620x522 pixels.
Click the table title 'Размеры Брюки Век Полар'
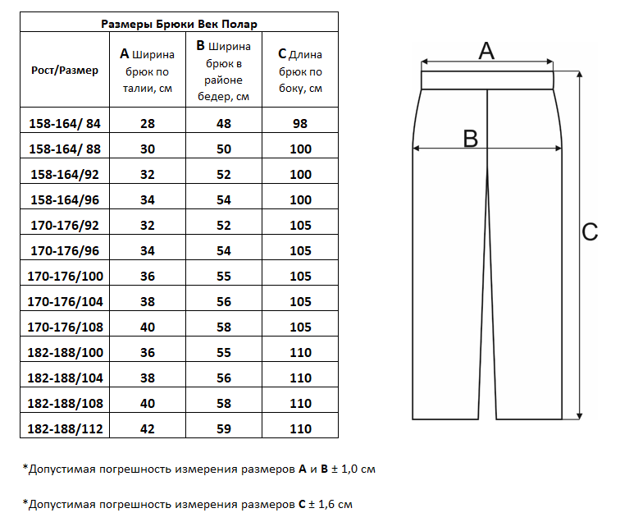[x=179, y=23]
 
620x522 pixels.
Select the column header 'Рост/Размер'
[x=65, y=71]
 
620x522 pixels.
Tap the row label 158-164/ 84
[x=65, y=124]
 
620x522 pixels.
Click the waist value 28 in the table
[x=147, y=124]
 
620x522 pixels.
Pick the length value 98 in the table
[x=300, y=124]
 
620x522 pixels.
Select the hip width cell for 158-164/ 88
[x=223, y=149]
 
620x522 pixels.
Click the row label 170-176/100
[x=65, y=277]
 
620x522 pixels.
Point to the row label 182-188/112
[x=65, y=429]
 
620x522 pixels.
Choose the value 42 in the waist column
[x=147, y=429]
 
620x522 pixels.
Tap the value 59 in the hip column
[x=223, y=429]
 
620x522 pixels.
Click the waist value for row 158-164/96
[x=147, y=200]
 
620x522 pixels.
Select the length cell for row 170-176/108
[x=300, y=327]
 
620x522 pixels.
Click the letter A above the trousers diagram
[x=486, y=51]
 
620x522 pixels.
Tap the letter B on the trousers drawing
[x=470, y=138]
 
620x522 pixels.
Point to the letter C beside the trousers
[x=590, y=232]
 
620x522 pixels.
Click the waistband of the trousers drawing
[x=488, y=80]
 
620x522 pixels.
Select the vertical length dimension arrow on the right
[x=579, y=246]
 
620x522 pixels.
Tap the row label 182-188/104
[x=65, y=378]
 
